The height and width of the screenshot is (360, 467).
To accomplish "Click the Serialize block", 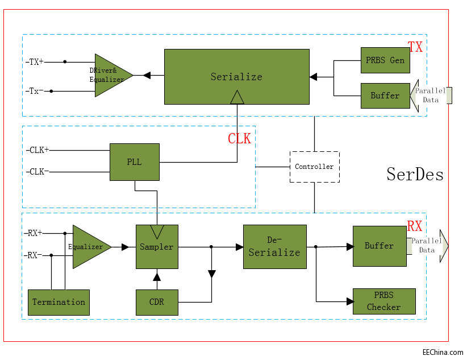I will [x=236, y=76].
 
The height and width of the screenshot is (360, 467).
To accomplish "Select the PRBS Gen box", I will [x=385, y=60].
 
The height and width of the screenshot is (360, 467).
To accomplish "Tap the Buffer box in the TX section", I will [x=385, y=96].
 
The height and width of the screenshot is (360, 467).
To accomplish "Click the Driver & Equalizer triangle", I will [x=110, y=75].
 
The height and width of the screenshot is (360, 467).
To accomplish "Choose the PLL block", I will [x=134, y=162].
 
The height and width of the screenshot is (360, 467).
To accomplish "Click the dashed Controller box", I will [x=314, y=167].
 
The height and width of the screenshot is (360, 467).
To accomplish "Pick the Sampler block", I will [x=157, y=247].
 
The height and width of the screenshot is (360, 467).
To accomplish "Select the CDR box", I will [x=157, y=302].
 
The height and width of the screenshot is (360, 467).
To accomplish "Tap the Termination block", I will [x=59, y=302].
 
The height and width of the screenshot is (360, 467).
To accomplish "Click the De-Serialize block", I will [x=274, y=247].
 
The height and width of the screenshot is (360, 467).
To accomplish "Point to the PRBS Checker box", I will [x=383, y=301].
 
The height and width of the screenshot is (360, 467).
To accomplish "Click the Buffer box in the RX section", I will [x=379, y=246].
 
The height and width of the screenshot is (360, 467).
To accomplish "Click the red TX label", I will [x=415, y=47].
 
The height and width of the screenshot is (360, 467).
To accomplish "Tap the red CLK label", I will [x=239, y=139].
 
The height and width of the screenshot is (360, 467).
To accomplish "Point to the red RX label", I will [x=415, y=226].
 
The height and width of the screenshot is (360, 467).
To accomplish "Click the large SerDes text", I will [x=415, y=173].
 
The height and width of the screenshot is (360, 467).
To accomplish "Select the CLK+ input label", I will [x=38, y=150].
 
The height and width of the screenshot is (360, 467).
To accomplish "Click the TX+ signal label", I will [x=35, y=61].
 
